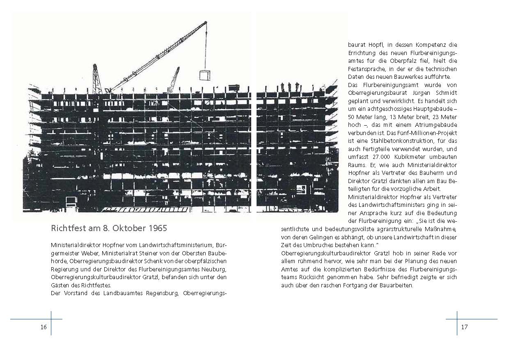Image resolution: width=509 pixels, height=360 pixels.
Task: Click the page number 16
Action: [44, 327]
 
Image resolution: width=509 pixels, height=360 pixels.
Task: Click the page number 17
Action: [464, 327]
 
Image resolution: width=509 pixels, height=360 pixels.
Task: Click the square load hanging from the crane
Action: [204, 75]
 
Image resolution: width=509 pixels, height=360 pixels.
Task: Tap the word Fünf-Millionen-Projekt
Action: [430, 133]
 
